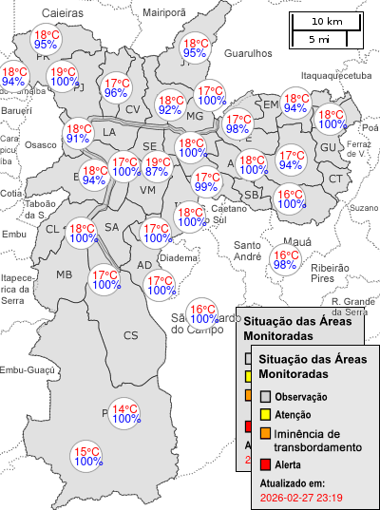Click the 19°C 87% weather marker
click(157, 166)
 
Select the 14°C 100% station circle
click(123, 416)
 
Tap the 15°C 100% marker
click(88, 456)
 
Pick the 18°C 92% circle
click(170, 104)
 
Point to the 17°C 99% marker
click(206, 181)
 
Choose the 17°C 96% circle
click(116, 87)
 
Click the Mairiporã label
click(163, 12)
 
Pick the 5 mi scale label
click(319, 39)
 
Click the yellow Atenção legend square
click(266, 415)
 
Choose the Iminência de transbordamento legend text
click(317, 440)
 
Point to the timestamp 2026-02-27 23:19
click(301, 497)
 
